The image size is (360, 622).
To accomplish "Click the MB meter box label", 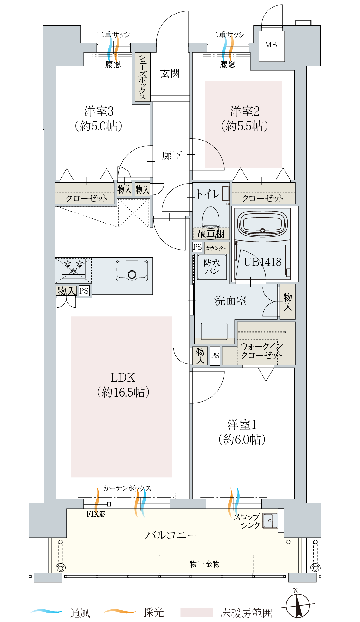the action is [271, 45].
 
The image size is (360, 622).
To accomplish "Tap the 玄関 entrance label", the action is [170, 73].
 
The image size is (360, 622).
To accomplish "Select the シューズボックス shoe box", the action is [142, 77].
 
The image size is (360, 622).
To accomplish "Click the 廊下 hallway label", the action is [172, 155].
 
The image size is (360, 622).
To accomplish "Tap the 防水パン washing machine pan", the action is [212, 267].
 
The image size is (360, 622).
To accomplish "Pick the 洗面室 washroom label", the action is [231, 301].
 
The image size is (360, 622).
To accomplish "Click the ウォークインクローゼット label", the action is [261, 351].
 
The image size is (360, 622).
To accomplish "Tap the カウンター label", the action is [217, 248].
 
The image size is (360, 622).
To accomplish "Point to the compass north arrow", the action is [297, 606].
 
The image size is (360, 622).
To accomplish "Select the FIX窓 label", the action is [96, 514].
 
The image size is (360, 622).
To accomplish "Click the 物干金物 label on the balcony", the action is [205, 564].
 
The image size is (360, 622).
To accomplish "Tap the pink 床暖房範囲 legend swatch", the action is [196, 612].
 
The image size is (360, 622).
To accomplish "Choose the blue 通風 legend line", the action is [47, 611].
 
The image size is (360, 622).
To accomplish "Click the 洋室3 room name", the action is [99, 111].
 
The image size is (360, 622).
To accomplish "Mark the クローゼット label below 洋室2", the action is [263, 198].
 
